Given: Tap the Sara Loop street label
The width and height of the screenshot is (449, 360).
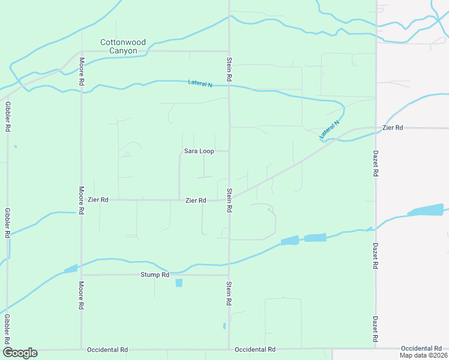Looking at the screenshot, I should click(x=199, y=151).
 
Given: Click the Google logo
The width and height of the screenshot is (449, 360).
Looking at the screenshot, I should click(x=20, y=353).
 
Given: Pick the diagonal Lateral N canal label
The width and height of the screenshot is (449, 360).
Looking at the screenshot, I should click(x=330, y=130).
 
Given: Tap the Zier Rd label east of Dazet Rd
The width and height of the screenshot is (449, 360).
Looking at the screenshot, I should click(x=393, y=128).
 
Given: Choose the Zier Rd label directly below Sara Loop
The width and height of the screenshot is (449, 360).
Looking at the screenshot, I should click(x=196, y=200).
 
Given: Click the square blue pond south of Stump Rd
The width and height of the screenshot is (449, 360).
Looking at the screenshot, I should click(x=179, y=283).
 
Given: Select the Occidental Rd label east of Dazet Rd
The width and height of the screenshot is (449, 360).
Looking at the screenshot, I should click(x=421, y=349).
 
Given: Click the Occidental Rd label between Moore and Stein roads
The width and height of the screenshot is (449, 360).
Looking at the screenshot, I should click(x=107, y=349).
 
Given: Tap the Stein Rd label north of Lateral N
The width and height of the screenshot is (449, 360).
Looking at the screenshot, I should click(x=229, y=70).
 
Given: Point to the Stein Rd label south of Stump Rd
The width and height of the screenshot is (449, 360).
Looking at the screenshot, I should click(x=229, y=294).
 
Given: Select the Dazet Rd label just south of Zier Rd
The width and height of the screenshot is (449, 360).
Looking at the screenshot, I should click(x=376, y=163).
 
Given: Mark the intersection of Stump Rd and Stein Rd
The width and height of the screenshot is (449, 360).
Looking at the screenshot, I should click(x=229, y=275).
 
